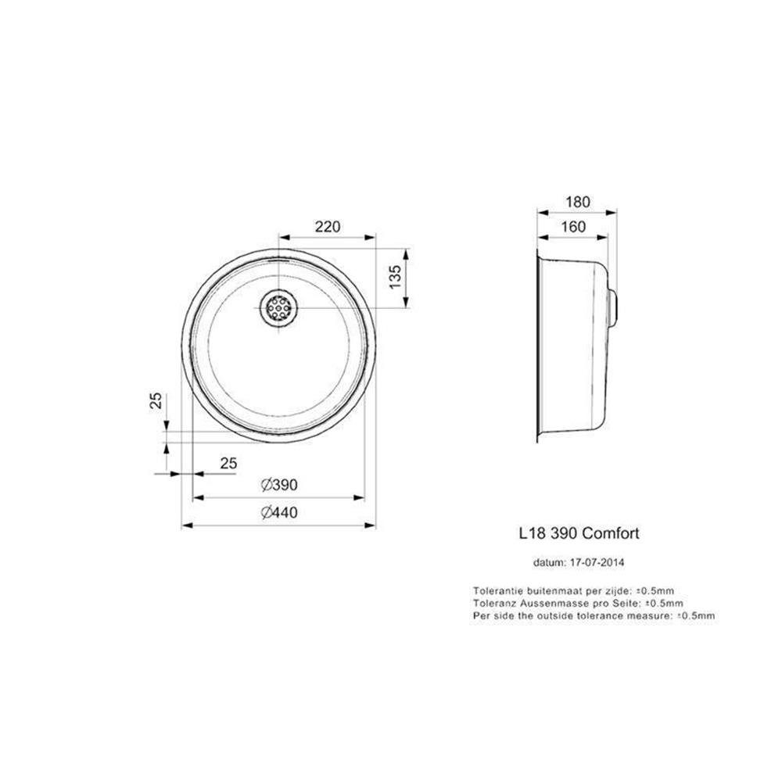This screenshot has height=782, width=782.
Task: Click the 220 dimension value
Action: coord(328,227)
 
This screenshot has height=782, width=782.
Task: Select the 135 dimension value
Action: coord(395,277)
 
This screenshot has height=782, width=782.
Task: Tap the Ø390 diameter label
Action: coord(279,485)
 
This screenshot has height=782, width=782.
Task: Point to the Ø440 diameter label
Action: coord(279,512)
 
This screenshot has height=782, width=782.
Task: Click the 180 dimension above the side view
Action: coord(578,202)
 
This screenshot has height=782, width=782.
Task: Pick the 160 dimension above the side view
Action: coord(573,227)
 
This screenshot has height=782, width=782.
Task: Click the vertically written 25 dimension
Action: coord(156,401)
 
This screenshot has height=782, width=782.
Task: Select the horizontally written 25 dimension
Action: coord(228,463)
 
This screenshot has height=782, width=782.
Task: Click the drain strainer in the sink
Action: coord(279,307)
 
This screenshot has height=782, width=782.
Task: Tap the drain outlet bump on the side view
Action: coord(613,307)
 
